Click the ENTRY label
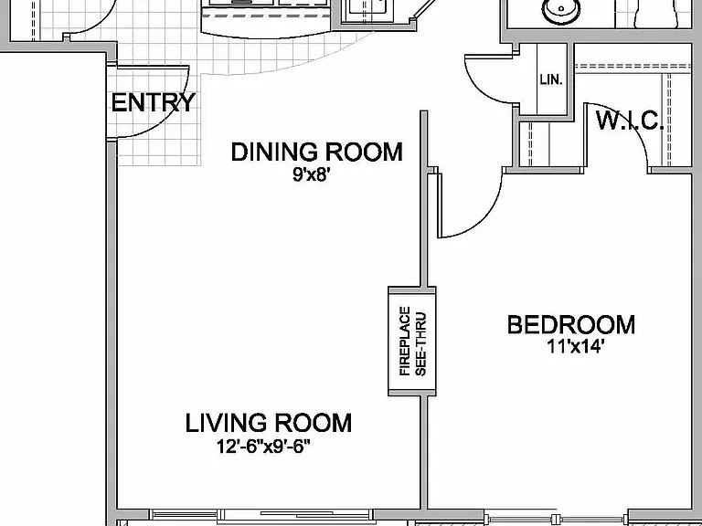[154, 102]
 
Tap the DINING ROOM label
[316, 152]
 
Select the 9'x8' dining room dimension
[311, 174]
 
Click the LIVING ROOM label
[269, 423]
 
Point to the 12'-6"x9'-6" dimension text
[263, 446]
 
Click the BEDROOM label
[570, 325]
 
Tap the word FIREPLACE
[405, 341]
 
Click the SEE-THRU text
[420, 344]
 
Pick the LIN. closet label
[550, 80]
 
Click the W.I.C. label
[630, 120]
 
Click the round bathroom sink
[561, 11]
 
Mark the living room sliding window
[261, 514]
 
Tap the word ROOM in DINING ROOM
[364, 152]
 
